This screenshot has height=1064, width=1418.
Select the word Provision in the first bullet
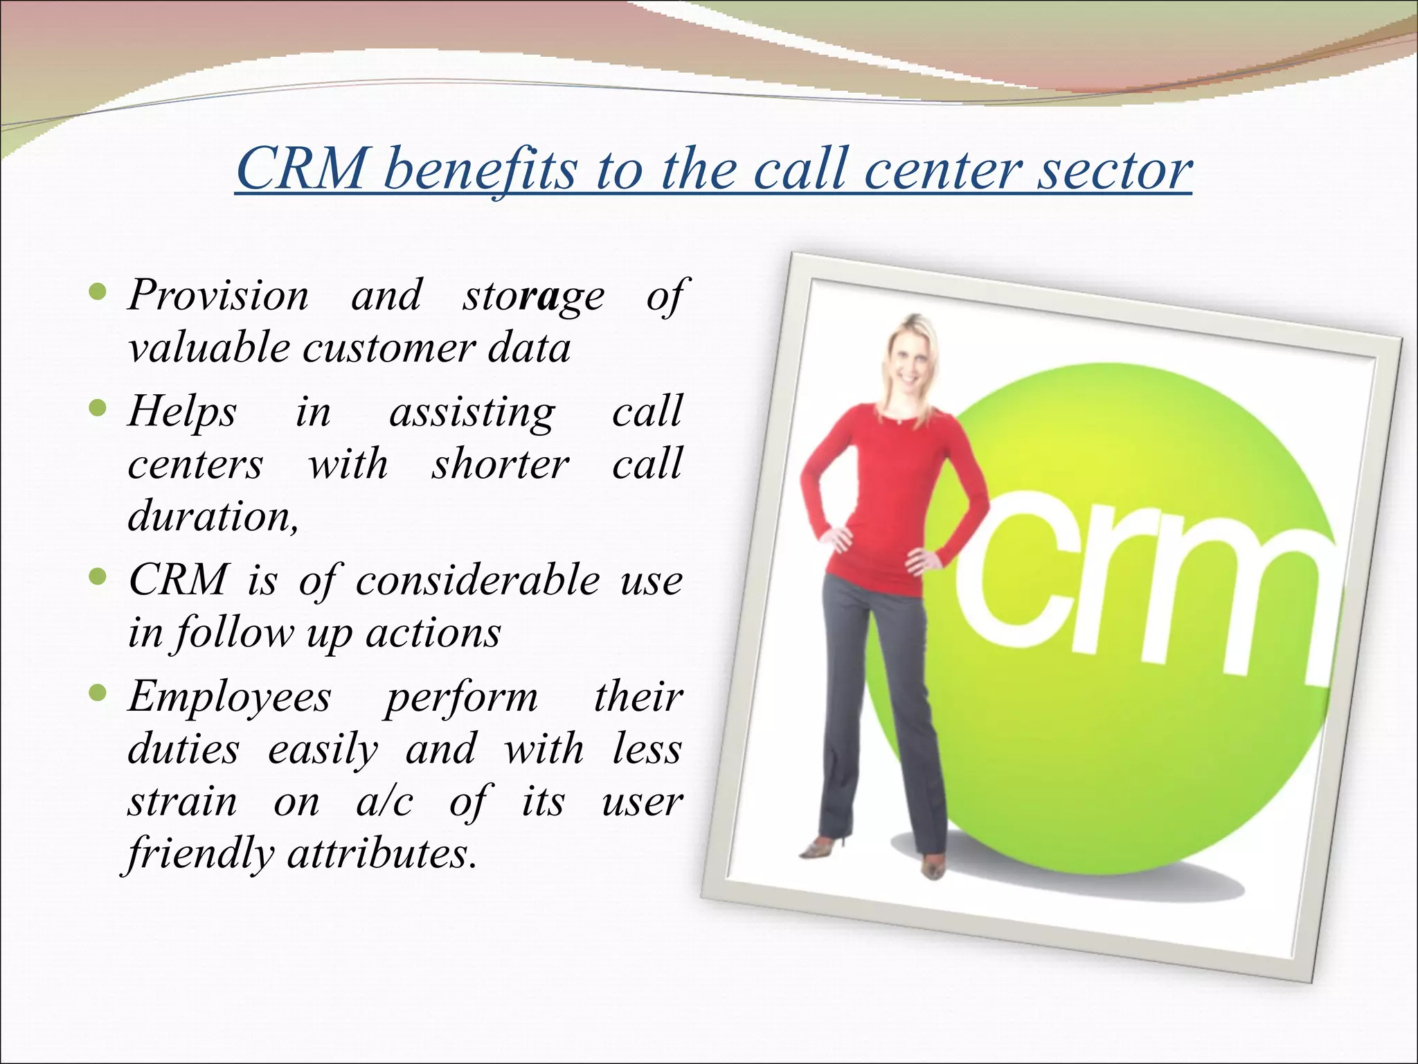click(218, 296)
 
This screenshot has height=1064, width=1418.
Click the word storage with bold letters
click(533, 296)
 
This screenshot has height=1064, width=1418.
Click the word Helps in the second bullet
click(182, 411)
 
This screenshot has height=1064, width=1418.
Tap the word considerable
click(477, 580)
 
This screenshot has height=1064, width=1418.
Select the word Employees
click(229, 696)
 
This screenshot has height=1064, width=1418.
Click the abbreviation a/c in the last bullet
click(384, 802)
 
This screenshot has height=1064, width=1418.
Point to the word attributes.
click(382, 854)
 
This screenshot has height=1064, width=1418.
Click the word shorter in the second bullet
click(500, 464)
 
